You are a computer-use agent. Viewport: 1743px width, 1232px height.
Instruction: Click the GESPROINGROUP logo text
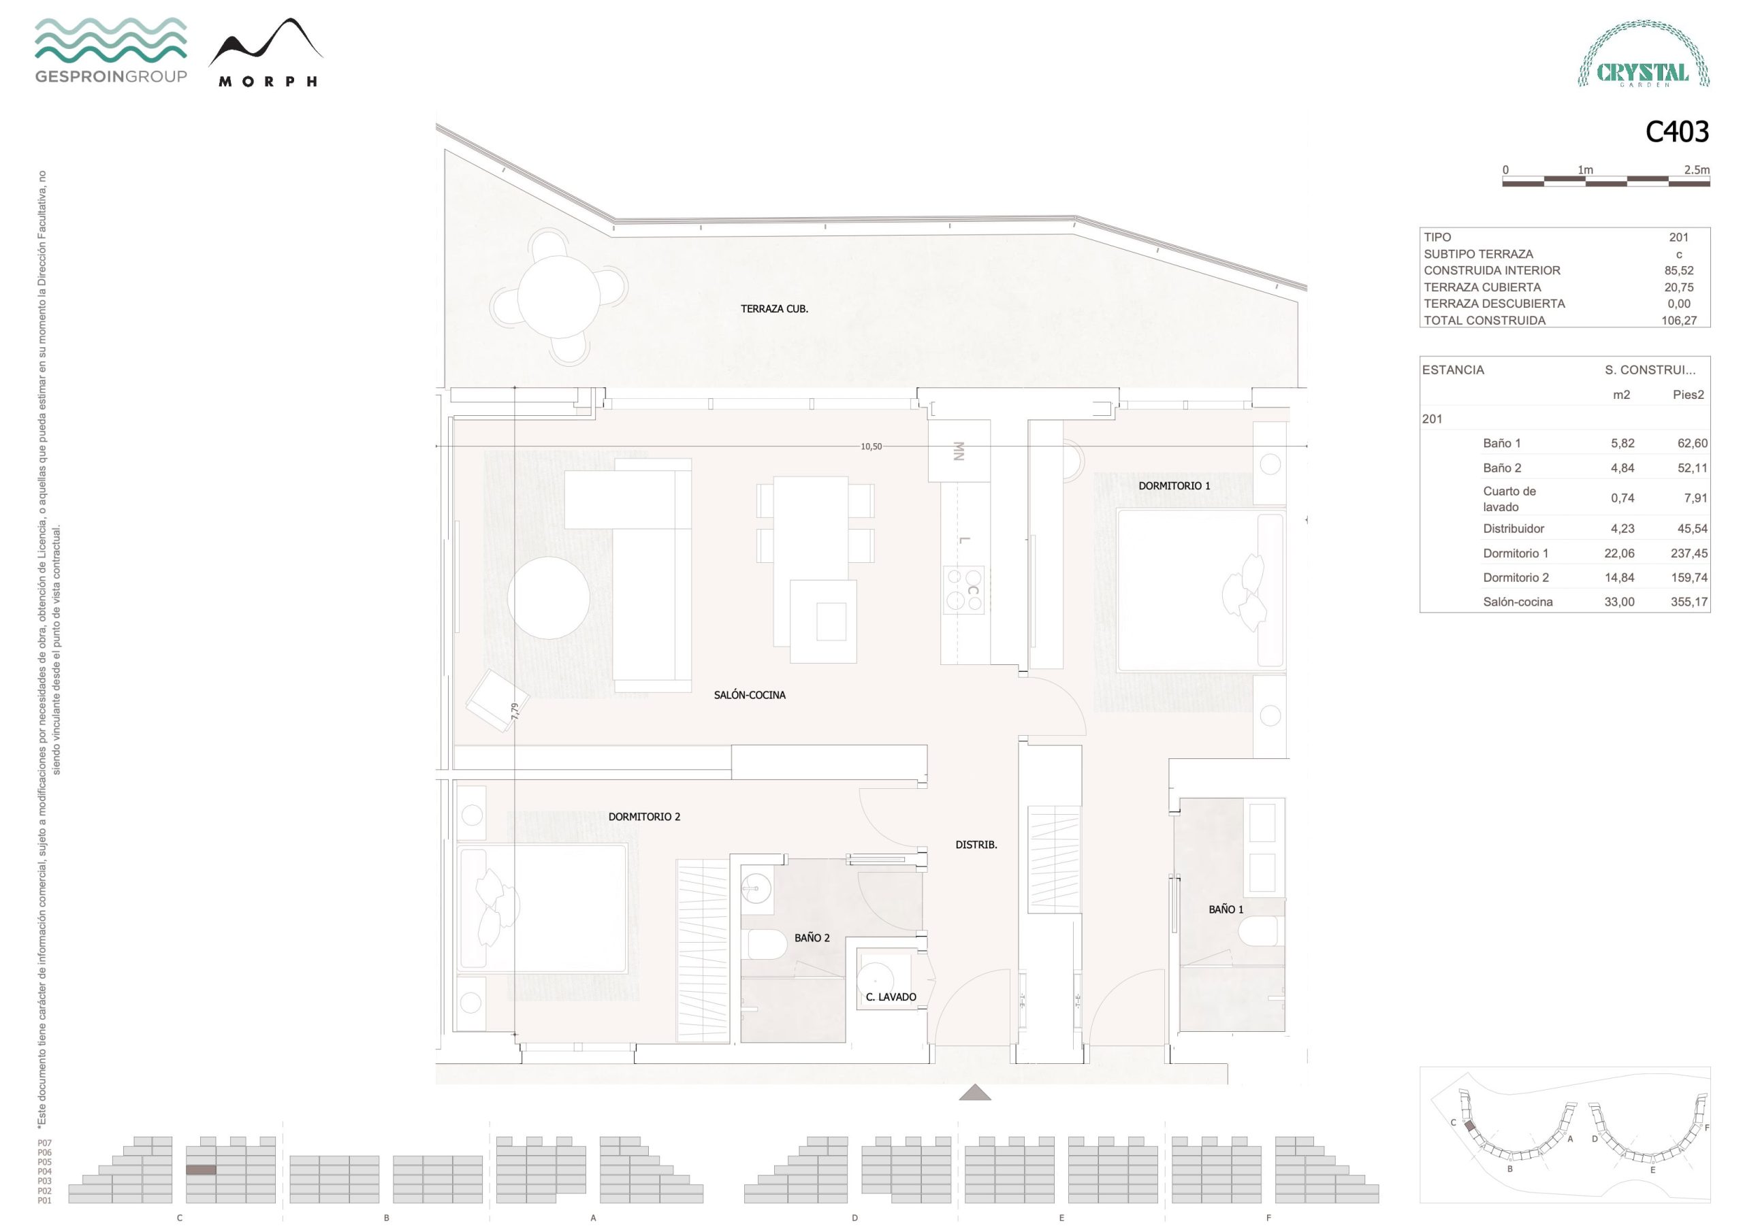111,76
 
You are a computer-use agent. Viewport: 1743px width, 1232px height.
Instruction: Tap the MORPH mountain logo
266,52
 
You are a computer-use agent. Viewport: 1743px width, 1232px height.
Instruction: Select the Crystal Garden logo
1644,54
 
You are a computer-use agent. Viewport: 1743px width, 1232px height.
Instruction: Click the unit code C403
1677,131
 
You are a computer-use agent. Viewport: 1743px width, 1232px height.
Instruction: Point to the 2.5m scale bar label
1697,170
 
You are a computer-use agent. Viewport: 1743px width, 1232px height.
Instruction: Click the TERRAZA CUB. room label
774,309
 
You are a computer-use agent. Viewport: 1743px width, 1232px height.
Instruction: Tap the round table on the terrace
559,297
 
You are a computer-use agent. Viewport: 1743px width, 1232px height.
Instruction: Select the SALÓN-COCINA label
749,694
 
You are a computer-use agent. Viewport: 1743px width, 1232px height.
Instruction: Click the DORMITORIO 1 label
1174,486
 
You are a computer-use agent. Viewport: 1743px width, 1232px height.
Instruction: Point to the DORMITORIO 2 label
644,817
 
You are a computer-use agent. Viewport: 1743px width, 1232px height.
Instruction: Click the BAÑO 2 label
812,937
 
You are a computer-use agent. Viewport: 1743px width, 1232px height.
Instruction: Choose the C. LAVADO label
891,996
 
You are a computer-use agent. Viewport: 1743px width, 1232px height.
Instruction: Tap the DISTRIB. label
976,844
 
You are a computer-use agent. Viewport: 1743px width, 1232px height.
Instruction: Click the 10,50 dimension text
871,447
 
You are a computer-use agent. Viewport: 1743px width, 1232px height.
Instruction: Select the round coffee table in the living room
549,598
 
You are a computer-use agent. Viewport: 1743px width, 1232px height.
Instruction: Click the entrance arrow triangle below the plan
975,1092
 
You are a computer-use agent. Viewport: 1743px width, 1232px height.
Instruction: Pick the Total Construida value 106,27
1678,321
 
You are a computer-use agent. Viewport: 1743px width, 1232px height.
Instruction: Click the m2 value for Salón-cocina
1619,602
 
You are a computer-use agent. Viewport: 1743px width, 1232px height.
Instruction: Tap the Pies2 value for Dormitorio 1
1689,553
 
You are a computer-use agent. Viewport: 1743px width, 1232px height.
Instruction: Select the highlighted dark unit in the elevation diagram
201,1171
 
